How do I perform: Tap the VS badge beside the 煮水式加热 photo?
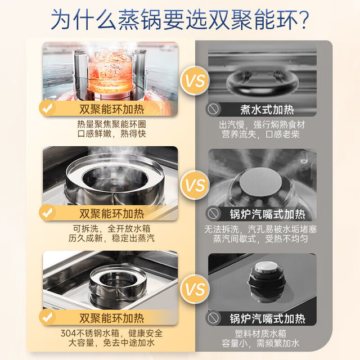point(195,80)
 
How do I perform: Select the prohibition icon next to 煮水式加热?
point(213,109)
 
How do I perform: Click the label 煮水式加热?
point(267,110)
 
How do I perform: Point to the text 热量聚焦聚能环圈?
point(111,124)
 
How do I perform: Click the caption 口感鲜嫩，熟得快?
point(111,134)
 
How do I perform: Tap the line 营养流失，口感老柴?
point(261,134)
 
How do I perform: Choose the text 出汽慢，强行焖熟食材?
point(262,125)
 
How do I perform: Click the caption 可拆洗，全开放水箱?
point(111,229)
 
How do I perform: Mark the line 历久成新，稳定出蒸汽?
point(111,238)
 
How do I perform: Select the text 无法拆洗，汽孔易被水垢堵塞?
point(261,229)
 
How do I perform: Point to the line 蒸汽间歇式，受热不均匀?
point(261,238)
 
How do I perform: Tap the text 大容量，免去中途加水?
point(111,343)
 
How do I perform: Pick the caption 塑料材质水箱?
point(261,334)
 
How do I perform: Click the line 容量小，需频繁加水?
point(261,343)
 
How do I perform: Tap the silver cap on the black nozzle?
point(267,267)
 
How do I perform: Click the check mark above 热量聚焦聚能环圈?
point(47,108)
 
